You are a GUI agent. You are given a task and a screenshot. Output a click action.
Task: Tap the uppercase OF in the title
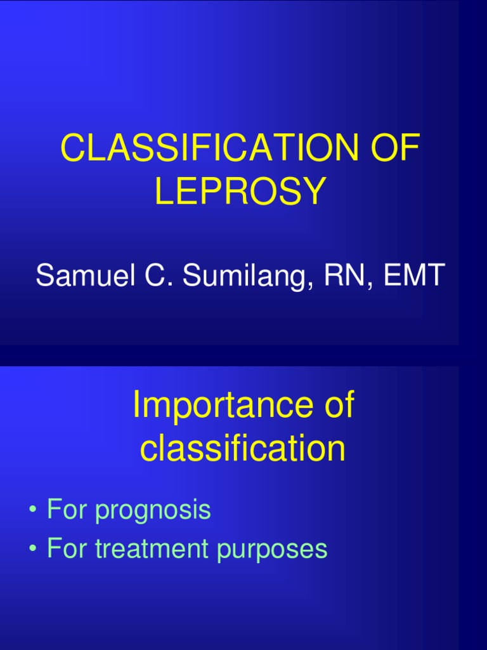coord(397,149)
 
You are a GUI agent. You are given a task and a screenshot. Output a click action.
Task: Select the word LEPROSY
coord(240,191)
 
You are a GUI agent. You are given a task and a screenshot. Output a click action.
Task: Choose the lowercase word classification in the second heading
coord(243,449)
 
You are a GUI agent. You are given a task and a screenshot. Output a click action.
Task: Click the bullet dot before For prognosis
coord(32,510)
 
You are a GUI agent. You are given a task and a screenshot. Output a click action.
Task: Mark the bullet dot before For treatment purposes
coord(32,549)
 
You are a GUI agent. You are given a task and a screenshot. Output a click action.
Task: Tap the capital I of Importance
coord(136,406)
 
